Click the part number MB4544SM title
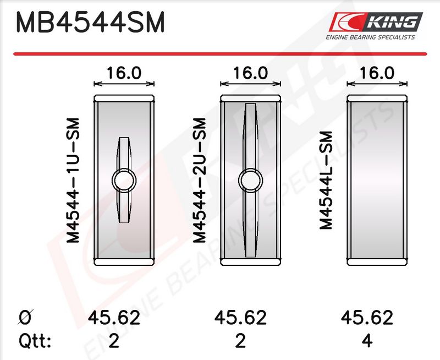90,23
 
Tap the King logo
376,22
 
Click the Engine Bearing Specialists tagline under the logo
370,37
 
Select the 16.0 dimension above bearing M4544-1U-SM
124,73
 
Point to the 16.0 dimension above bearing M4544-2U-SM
251,73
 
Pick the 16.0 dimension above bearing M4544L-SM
377,73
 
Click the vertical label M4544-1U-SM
73,181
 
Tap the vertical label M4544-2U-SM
200,181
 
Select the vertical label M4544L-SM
326,180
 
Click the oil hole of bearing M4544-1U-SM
124,181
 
